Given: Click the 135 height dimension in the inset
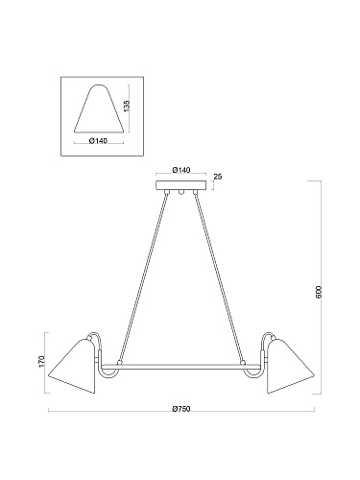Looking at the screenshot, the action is coord(127,106).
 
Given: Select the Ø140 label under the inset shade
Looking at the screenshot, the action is coord(98,141).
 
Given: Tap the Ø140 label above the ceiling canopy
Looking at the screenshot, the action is coord(181,170).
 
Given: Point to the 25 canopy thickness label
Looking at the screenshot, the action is coord(218,177).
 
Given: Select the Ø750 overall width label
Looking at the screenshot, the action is coord(181,409).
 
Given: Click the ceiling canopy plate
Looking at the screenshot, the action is coord(180,185).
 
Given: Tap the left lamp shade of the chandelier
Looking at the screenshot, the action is coord(74,367).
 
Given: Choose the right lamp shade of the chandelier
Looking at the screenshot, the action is coord(289,367).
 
